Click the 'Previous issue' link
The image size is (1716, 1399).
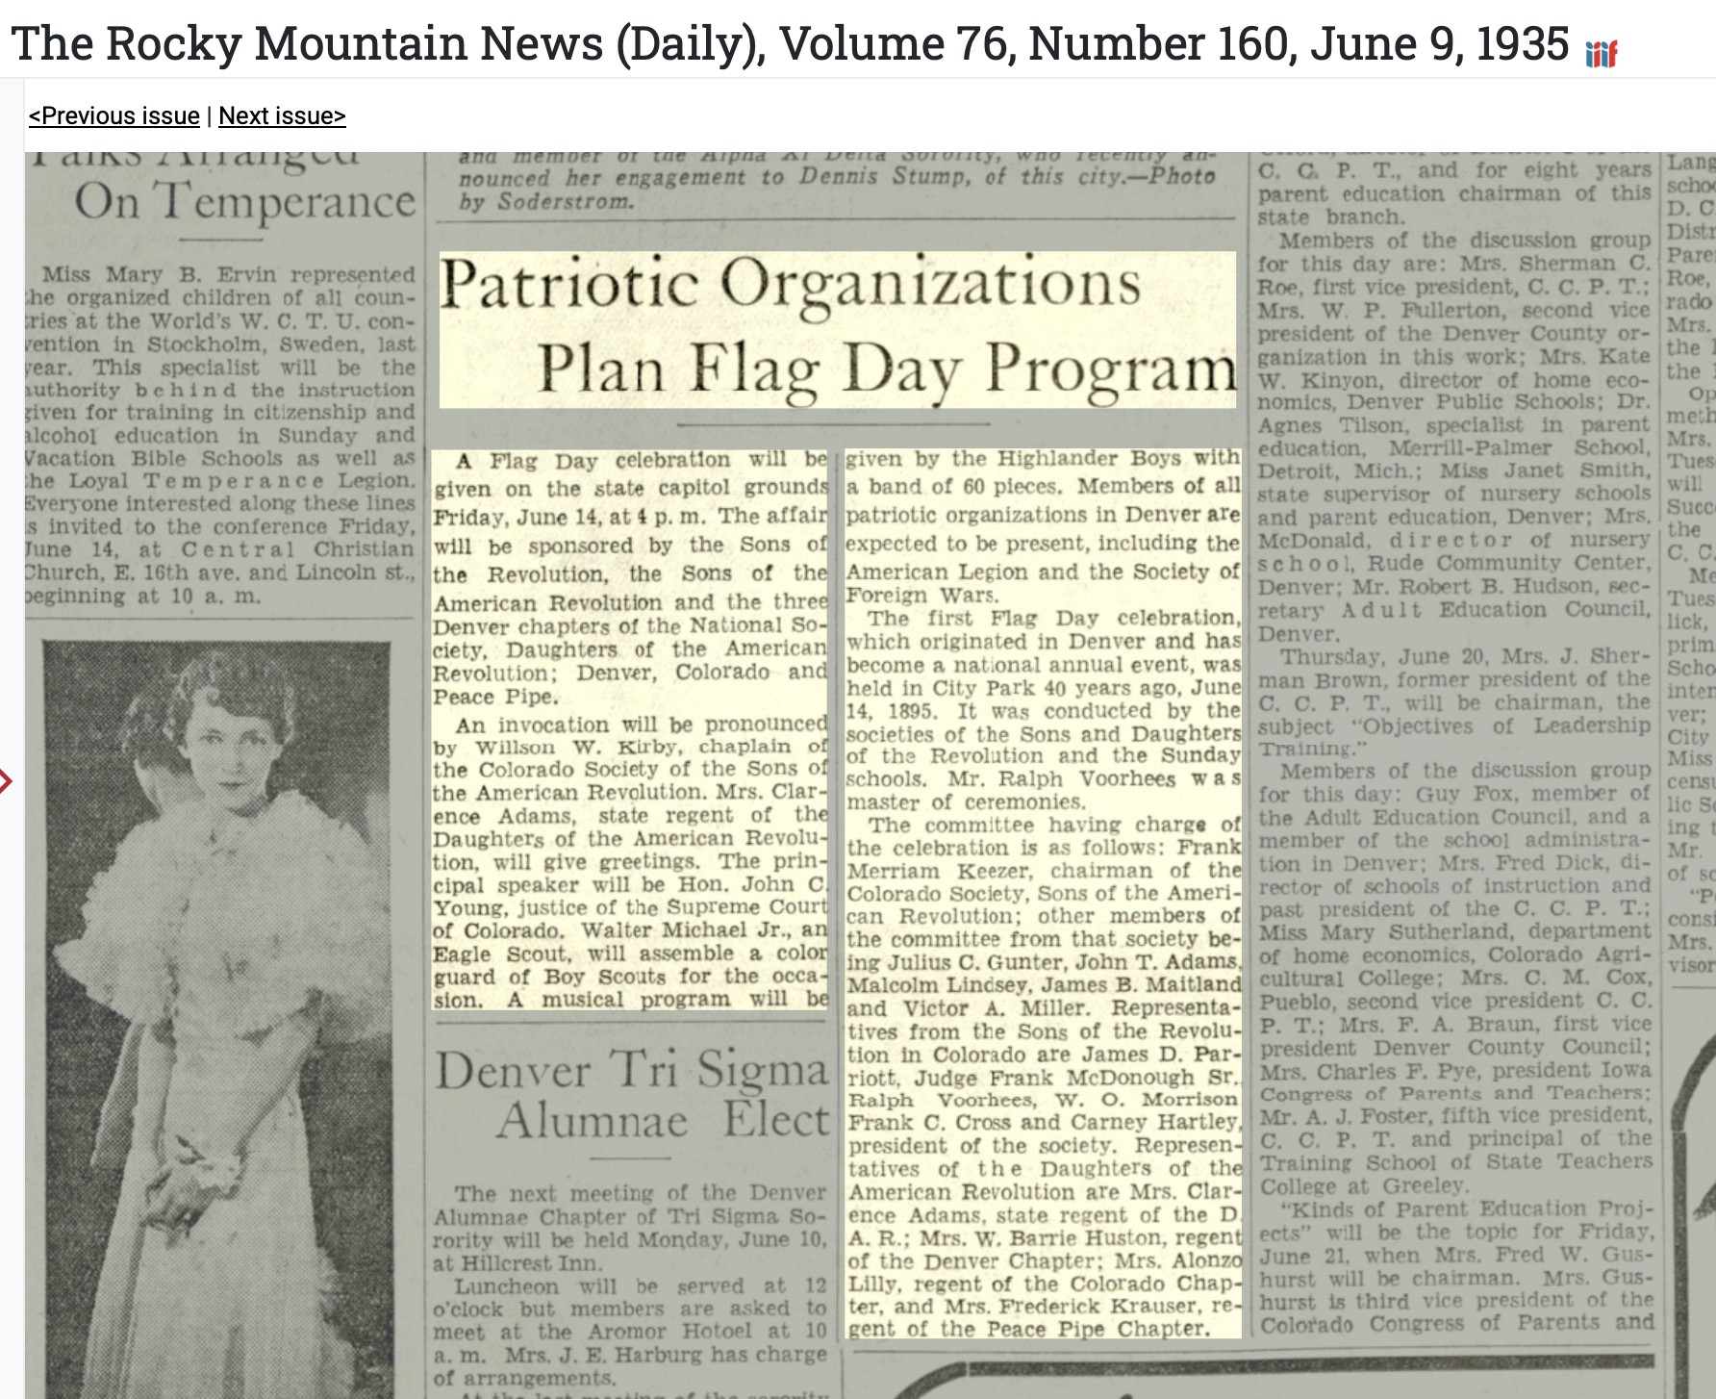(x=114, y=116)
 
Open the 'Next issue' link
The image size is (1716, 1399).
(x=282, y=116)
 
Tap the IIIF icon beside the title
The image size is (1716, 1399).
(x=1602, y=53)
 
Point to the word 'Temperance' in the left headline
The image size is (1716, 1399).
(x=287, y=203)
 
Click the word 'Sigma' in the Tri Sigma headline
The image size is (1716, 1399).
(x=761, y=1071)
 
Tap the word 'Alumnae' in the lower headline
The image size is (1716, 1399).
(x=593, y=1121)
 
